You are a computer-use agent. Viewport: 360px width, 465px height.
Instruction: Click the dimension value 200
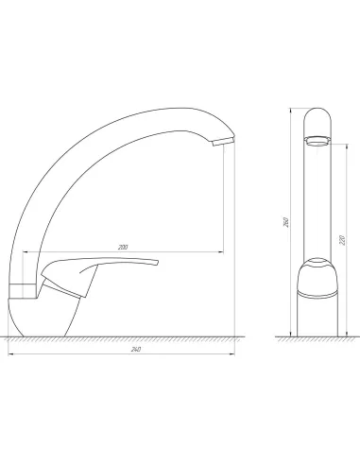click(x=123, y=247)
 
